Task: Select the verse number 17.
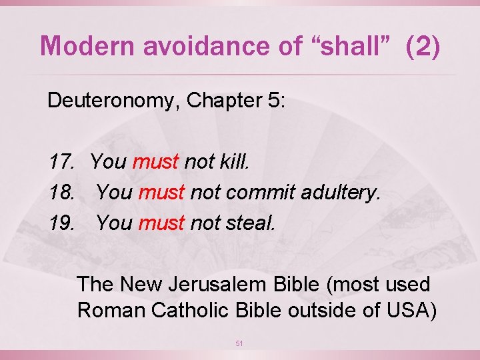[61, 162]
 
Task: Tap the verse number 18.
[61, 193]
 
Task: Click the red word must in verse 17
[156, 162]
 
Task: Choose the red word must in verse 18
[161, 193]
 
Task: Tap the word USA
[405, 310]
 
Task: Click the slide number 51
[240, 343]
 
